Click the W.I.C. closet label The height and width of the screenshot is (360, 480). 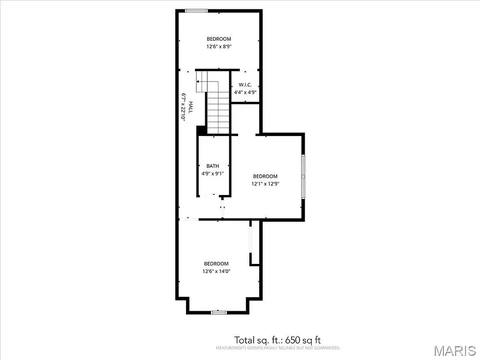pos(245,84)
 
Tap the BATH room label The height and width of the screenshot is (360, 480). pos(212,166)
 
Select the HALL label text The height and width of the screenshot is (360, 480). pos(190,107)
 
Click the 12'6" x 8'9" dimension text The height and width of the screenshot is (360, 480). pos(218,46)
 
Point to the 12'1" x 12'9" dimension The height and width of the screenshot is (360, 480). pos(265,184)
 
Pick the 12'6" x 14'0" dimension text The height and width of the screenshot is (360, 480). pos(216,271)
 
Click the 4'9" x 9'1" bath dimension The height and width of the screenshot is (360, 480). pos(212,173)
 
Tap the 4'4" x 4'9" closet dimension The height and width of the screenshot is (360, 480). pos(245,92)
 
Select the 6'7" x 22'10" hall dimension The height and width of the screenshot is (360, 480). pos(183,107)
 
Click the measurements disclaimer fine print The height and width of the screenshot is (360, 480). pos(277,348)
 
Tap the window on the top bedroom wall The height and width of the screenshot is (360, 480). pos(196,11)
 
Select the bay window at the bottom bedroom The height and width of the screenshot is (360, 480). pos(218,312)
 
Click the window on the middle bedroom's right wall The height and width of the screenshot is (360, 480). pos(303,177)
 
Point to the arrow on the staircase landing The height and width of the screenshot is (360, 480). pos(207,82)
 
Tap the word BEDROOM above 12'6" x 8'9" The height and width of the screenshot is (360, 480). pos(218,39)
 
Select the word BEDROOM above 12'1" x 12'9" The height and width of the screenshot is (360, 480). pos(265,176)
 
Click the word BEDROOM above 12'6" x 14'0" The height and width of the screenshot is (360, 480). pos(216,263)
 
